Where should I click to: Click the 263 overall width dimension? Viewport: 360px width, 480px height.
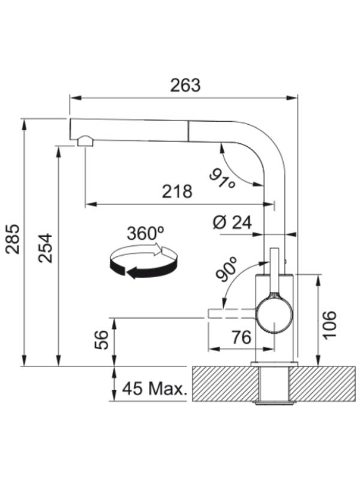pos(185,85)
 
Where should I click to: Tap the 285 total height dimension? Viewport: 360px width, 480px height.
pos(13,239)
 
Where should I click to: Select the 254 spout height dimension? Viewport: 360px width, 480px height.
pos(46,248)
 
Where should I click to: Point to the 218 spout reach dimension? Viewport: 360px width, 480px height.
pos(177,191)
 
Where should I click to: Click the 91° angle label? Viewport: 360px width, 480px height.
pos(222,179)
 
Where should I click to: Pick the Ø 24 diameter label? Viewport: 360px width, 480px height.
pos(232,223)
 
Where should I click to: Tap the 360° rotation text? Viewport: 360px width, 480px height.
pos(145,233)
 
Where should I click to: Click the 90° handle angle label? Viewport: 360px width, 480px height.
pos(226,269)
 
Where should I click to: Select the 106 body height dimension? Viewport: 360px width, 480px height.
pos(329,325)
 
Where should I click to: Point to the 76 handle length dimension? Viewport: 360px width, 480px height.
pos(241,337)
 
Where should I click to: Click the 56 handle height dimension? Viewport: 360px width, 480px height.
pos(101,340)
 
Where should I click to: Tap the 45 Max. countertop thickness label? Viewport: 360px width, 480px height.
pos(154,389)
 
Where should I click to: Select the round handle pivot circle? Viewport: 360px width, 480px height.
pos(274,316)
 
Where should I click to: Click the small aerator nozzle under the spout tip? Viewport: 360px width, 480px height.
pos(85,141)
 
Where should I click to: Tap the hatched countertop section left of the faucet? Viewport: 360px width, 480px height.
pos(225,384)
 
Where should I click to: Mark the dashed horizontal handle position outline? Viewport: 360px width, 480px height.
pos(232,314)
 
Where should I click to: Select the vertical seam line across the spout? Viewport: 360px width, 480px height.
pos(188,131)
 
